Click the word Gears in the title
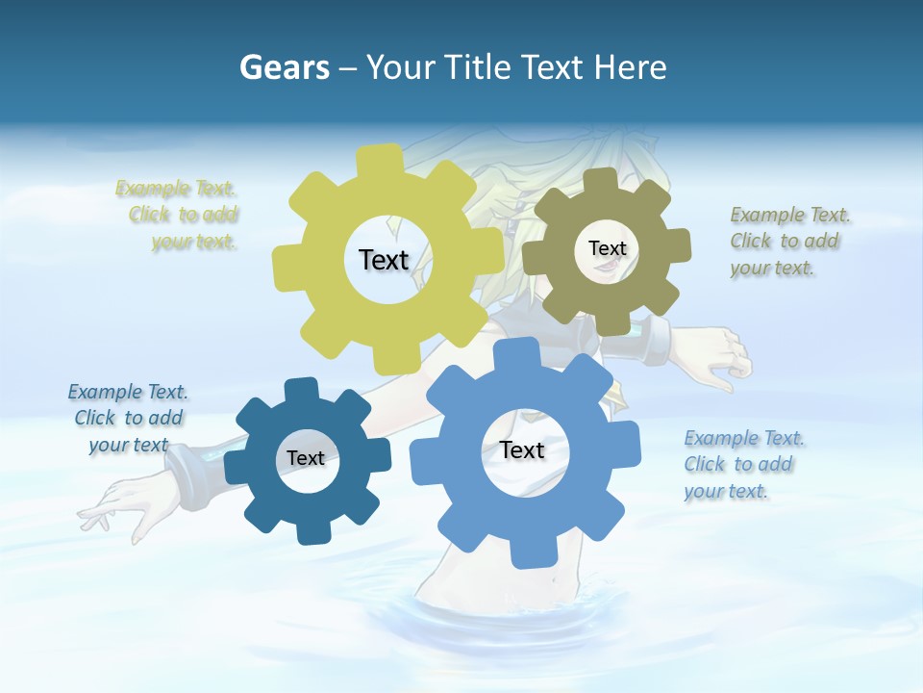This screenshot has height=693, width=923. (x=284, y=67)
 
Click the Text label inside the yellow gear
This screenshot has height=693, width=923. (x=384, y=260)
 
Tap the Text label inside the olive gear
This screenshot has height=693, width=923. (x=607, y=248)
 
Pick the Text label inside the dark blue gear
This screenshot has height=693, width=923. (x=306, y=458)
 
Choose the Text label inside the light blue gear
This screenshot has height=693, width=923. (x=522, y=449)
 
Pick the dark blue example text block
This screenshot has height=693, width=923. (x=128, y=418)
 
